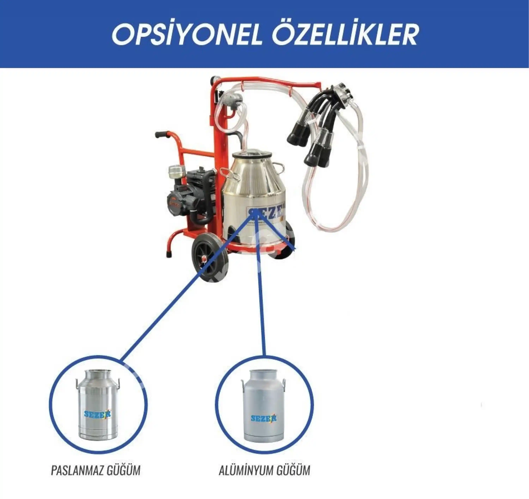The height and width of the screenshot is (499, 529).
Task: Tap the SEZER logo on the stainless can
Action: [x=97, y=414]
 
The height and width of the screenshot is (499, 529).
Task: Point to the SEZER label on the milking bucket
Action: [x=266, y=213]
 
